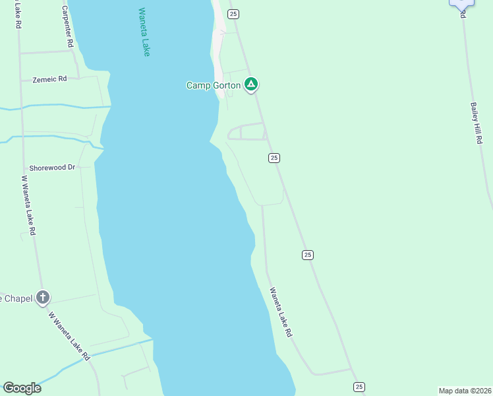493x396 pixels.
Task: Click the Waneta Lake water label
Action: click(144, 32)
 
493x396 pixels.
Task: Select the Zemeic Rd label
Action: click(50, 79)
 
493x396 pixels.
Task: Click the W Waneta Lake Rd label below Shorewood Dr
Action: click(28, 205)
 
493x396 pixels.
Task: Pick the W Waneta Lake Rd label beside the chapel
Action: click(69, 335)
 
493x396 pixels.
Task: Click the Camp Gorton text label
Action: click(213, 85)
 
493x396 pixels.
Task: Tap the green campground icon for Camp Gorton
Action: click(250, 84)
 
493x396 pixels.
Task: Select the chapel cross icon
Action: click(43, 298)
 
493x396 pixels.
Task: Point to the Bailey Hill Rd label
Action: click(477, 124)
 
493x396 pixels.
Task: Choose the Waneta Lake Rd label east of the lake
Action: click(280, 312)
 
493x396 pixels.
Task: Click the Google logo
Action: click(22, 388)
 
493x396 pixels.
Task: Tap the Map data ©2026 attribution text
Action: click(465, 391)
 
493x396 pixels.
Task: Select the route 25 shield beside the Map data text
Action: click(359, 387)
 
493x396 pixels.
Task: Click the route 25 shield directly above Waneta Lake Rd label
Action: click(308, 255)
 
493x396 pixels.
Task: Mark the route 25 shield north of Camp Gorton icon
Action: click(233, 14)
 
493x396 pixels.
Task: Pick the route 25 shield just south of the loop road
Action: click(274, 158)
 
